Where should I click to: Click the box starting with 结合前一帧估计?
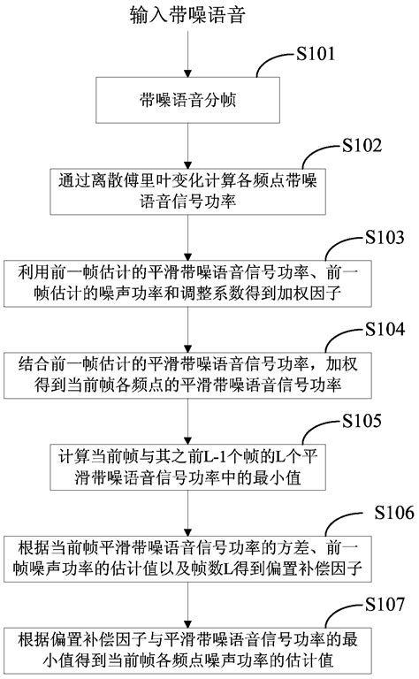(x=187, y=375)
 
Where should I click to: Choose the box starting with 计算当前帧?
(x=187, y=467)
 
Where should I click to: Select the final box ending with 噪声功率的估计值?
(x=187, y=650)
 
